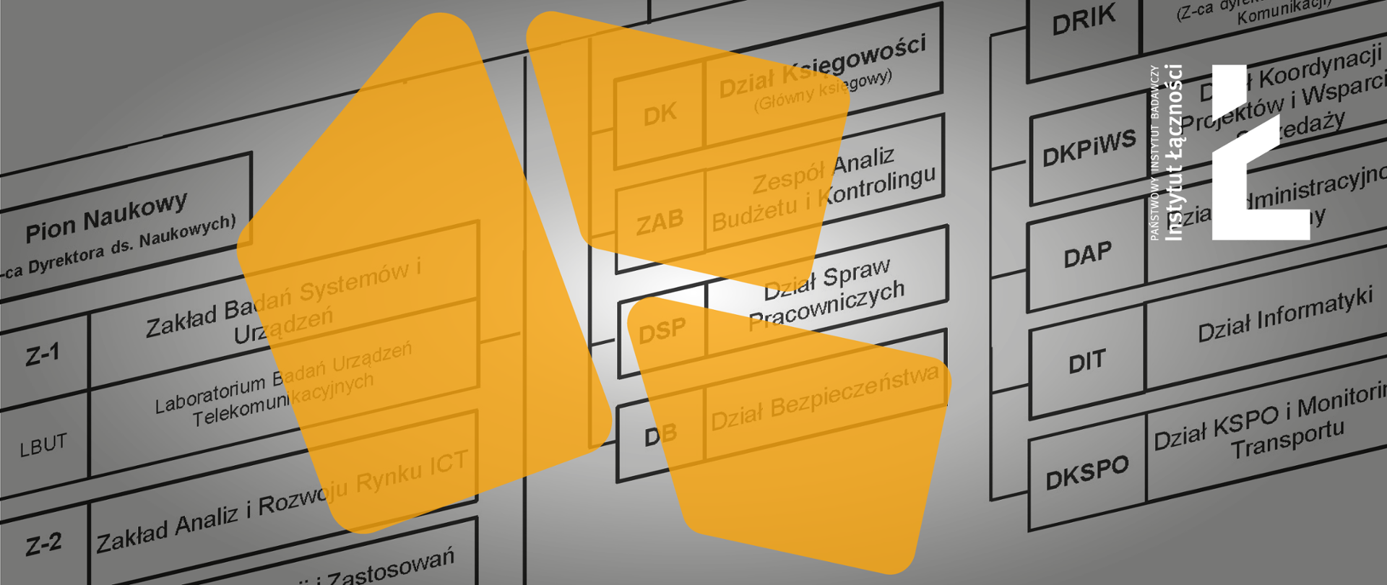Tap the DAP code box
click(1087, 255)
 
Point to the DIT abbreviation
click(1087, 361)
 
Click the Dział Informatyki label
click(1285, 316)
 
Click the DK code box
click(660, 114)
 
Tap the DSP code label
click(662, 331)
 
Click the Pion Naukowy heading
click(107, 216)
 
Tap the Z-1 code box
click(43, 355)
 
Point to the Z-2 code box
click(43, 544)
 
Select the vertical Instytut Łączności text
click(1175, 152)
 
